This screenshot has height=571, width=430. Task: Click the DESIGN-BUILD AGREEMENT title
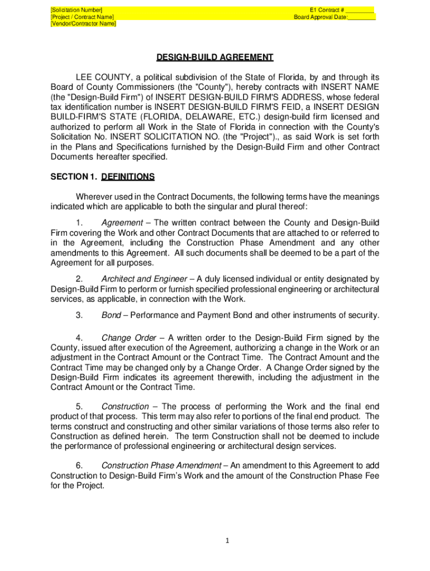click(214, 57)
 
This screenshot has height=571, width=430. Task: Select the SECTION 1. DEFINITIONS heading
click(103, 177)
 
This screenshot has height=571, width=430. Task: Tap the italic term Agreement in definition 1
click(122, 223)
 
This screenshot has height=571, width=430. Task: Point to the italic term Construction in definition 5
click(125, 407)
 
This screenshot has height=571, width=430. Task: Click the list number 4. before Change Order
click(79, 338)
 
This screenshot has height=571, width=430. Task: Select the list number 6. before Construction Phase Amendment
click(79, 466)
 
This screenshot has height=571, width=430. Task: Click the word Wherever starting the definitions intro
click(94, 197)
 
